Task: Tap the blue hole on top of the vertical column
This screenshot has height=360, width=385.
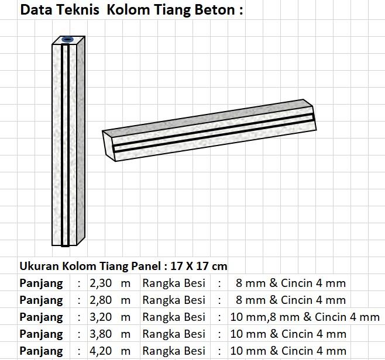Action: point(68,40)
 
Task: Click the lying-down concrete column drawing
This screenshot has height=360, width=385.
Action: point(209,129)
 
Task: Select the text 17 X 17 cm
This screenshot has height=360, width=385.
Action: point(199,266)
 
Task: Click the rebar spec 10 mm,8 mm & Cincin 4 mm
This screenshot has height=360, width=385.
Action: point(305,317)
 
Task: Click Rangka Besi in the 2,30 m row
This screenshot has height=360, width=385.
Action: point(174,283)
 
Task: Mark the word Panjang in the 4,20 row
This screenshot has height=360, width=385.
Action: point(42,351)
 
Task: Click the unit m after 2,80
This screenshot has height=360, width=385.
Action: point(125,300)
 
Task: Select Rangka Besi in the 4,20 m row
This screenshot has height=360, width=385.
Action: point(174,351)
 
